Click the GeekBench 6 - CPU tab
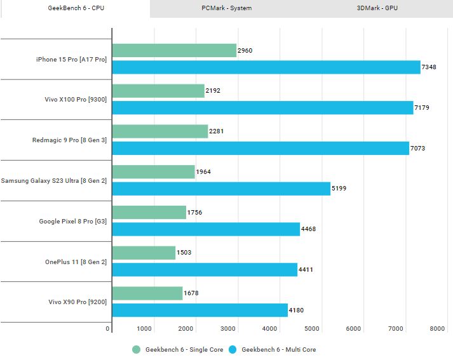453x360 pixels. click(75, 8)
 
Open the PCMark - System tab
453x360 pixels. click(226, 8)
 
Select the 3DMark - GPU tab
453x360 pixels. click(377, 8)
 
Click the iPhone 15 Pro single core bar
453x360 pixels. click(174, 51)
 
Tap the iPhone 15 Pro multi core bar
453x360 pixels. click(266, 67)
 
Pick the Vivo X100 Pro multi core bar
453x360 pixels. click(262, 107)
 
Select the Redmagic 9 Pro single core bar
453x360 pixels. click(160, 131)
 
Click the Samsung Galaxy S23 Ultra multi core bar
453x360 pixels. click(221, 189)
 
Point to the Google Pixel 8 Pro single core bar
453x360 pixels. click(149, 212)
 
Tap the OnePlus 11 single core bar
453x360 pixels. click(144, 253)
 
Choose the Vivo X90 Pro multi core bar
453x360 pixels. click(199, 310)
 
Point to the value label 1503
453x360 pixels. click(183, 253)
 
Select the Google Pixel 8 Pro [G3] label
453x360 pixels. click(73, 221)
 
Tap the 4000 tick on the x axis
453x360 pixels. click(269, 329)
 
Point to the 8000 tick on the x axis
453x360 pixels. click(436, 329)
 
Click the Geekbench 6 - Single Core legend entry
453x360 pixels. click(177, 350)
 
